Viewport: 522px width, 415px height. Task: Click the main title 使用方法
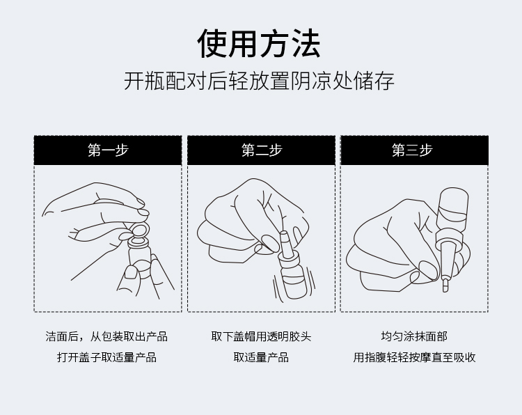pyautogui.click(x=259, y=44)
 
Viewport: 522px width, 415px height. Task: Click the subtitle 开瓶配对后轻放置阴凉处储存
pyautogui.click(x=260, y=81)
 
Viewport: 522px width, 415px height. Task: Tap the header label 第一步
pyautogui.click(x=108, y=150)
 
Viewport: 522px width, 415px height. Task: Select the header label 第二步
pyautogui.click(x=262, y=150)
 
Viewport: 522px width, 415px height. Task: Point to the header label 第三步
pyautogui.click(x=412, y=150)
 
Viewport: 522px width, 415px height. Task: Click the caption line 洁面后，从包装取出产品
pyautogui.click(x=106, y=336)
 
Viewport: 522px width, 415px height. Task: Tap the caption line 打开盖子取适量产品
pyautogui.click(x=107, y=357)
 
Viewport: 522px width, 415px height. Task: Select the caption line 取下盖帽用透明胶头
pyautogui.click(x=261, y=336)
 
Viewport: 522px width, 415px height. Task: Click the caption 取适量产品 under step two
pyautogui.click(x=261, y=357)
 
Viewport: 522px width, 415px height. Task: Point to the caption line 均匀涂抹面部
pyautogui.click(x=414, y=336)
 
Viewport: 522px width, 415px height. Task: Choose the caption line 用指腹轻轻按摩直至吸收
pyautogui.click(x=414, y=357)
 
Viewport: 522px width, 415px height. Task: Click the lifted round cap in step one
pyautogui.click(x=139, y=230)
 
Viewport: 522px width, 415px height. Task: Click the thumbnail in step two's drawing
pyautogui.click(x=269, y=243)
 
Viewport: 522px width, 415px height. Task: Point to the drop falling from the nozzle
pyautogui.click(x=445, y=285)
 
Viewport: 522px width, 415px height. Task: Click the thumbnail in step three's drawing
pyautogui.click(x=429, y=269)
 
